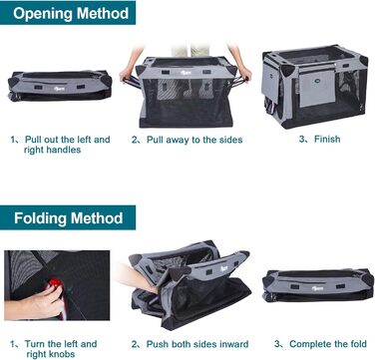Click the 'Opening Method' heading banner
coord(68,13)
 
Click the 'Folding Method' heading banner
coord(68,217)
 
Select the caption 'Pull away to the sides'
coord(187,140)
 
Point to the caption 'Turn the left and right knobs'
coord(53,349)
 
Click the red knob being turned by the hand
coord(55,284)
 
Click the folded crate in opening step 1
coord(60,85)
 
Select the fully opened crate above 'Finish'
coord(315,87)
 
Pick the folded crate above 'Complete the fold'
coord(318,285)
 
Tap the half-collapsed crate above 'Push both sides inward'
coord(190,284)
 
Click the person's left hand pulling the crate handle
coord(244,73)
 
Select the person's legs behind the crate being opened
coord(190,51)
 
